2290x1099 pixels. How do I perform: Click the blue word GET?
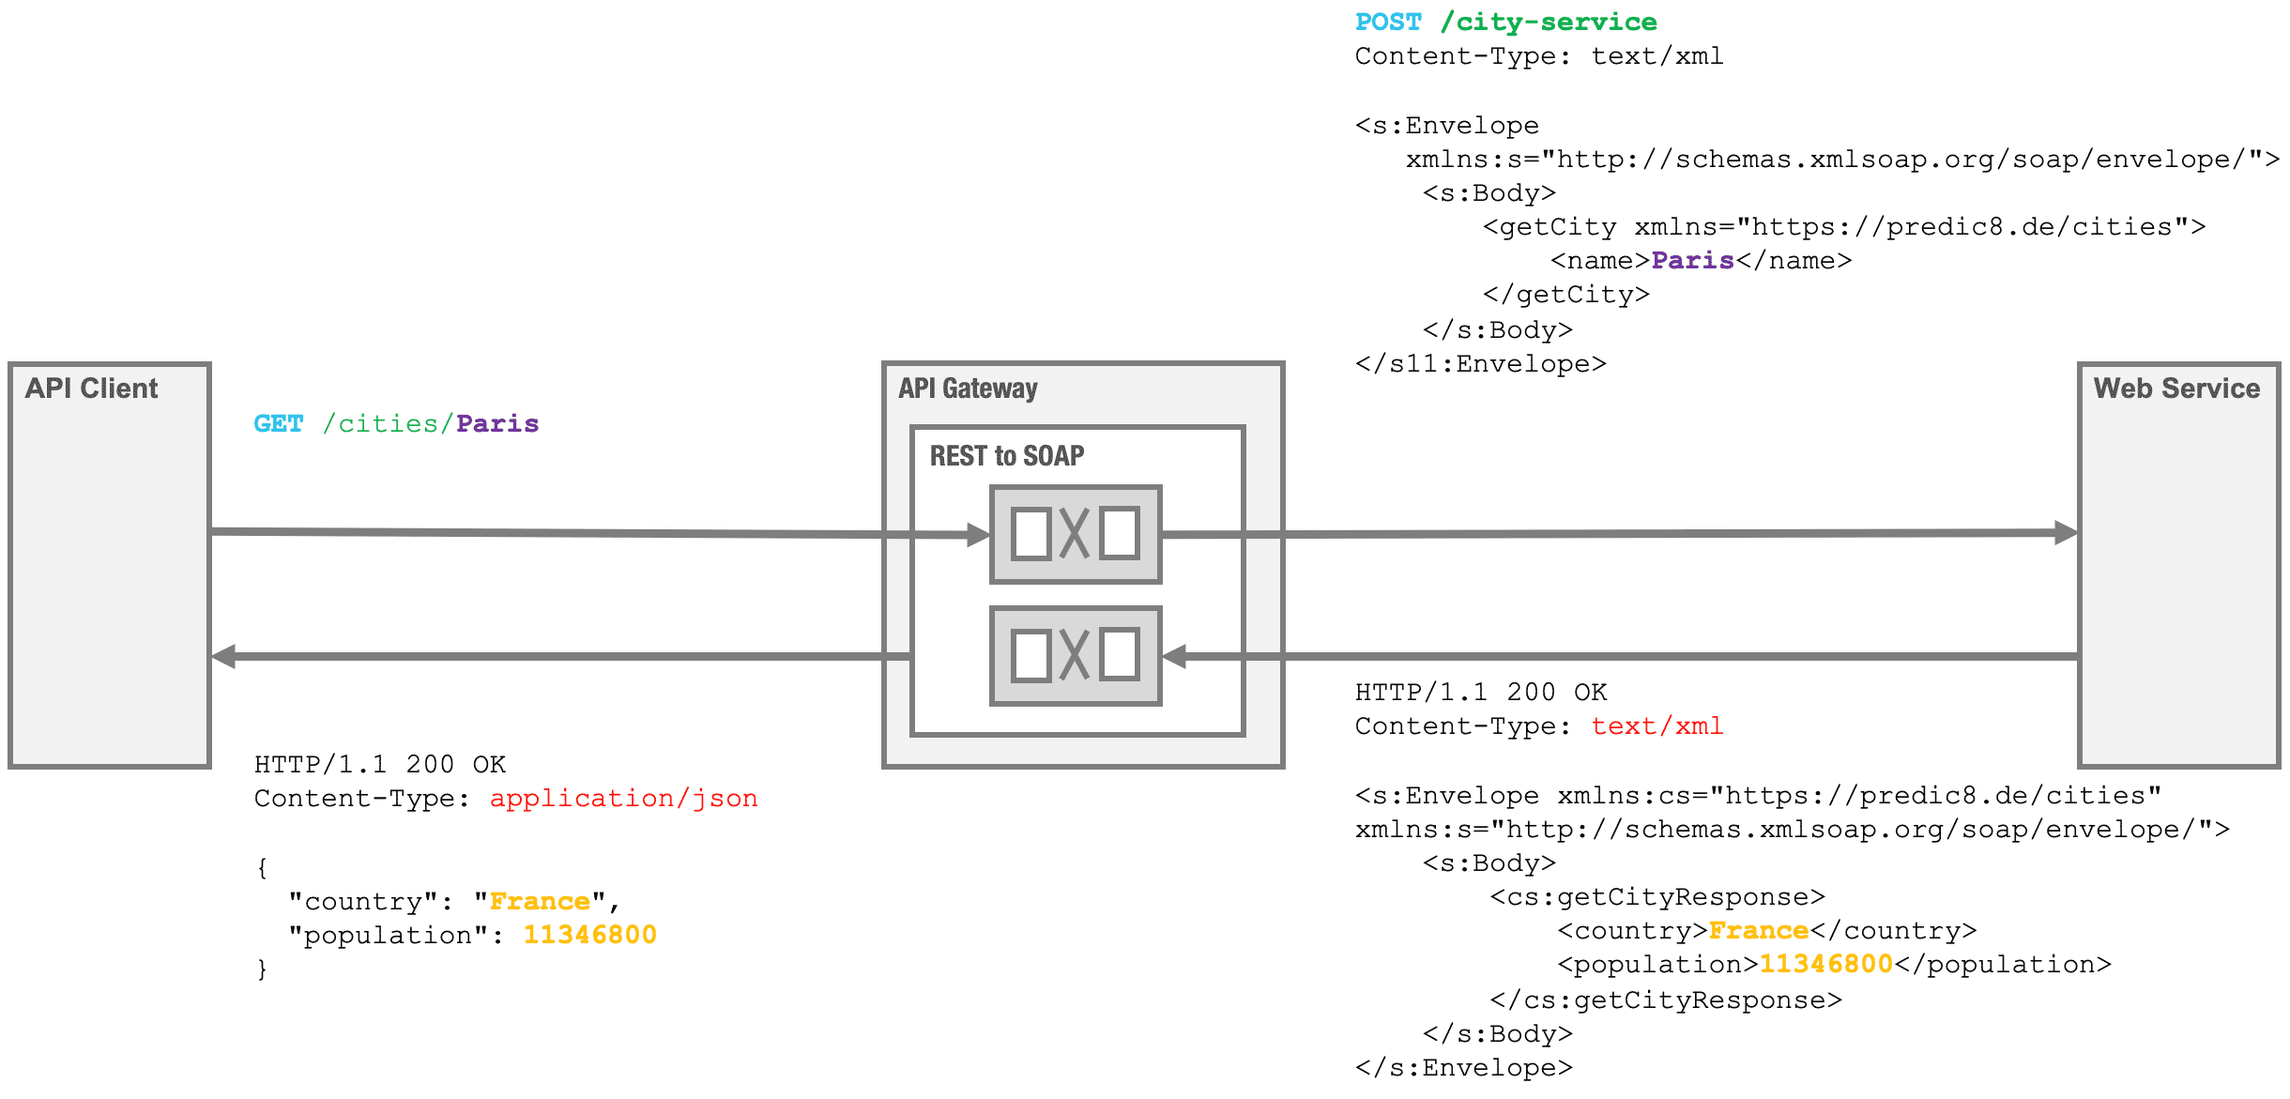coord(278,423)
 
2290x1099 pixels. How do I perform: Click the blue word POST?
coord(1388,22)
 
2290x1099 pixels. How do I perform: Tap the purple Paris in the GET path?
coord(496,423)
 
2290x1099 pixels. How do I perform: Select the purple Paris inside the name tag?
coord(1692,260)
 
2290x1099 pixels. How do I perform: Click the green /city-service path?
coord(1549,22)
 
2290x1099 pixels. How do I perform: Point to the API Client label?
coord(91,389)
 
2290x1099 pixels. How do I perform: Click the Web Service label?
coord(2176,389)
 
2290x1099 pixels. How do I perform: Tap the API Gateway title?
coord(968,389)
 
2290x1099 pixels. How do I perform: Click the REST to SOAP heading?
coord(1006,456)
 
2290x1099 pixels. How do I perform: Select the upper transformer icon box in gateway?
coord(1076,534)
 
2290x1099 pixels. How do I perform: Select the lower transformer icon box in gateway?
coord(1076,655)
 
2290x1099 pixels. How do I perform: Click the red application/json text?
coord(623,798)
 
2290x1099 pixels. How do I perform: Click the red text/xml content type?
coord(1656,725)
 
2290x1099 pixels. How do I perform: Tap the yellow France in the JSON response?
coord(540,901)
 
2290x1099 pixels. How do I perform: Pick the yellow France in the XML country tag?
coord(1758,930)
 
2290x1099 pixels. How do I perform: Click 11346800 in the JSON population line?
coord(589,935)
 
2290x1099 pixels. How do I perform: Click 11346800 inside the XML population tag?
coord(1825,964)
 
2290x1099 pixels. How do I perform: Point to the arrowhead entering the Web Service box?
coord(2066,533)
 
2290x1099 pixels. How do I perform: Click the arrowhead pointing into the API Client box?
coord(224,656)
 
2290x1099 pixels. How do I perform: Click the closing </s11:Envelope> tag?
coord(1480,364)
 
